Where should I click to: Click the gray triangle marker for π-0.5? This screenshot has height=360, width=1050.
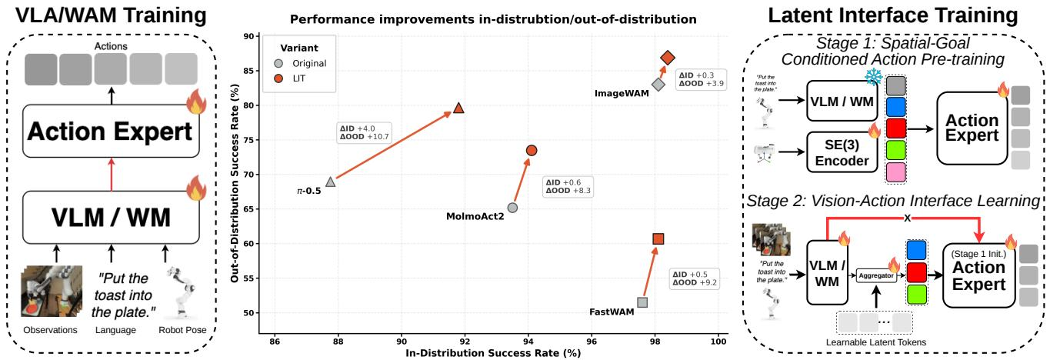click(331, 182)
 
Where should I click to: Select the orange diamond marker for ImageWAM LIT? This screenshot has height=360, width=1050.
click(668, 58)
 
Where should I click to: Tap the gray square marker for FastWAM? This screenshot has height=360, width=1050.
click(642, 302)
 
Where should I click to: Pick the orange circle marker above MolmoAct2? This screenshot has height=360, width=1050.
click(531, 151)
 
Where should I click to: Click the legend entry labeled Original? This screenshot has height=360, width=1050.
click(301, 63)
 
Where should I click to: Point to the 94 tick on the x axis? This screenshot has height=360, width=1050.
click(528, 342)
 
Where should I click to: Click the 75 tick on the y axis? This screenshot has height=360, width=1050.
click(249, 140)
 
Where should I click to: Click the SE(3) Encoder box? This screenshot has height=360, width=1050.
click(842, 152)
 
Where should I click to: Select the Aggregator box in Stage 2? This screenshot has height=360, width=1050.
click(876, 275)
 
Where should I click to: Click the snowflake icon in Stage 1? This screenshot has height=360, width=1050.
click(873, 76)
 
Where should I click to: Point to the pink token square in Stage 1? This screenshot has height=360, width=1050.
click(896, 172)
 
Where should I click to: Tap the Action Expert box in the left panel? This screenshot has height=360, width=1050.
click(111, 131)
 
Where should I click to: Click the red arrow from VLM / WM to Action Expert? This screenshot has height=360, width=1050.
click(111, 174)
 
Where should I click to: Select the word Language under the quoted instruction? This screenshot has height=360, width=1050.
click(115, 330)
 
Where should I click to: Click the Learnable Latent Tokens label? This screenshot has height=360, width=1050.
click(875, 342)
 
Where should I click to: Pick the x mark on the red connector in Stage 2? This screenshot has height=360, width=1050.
click(908, 218)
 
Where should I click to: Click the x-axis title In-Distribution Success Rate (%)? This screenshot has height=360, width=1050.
click(493, 353)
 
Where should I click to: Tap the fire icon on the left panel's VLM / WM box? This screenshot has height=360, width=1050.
click(196, 188)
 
